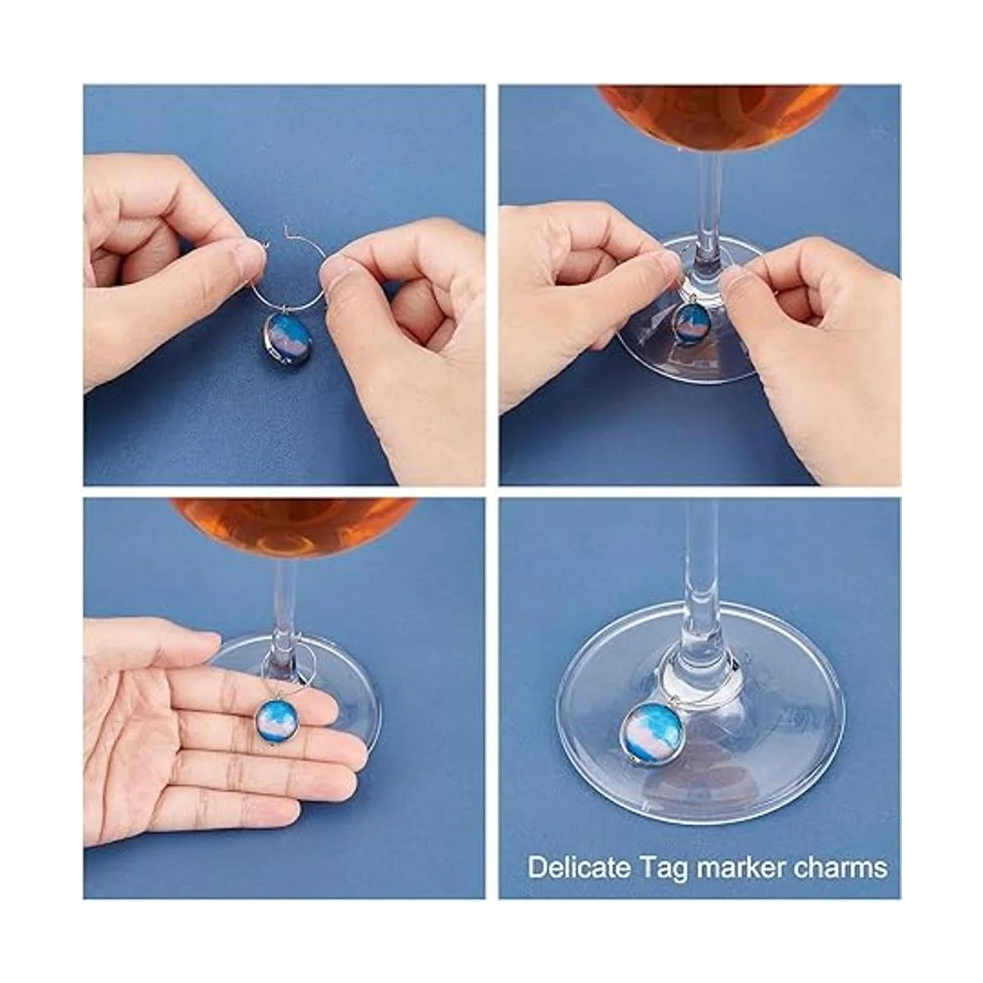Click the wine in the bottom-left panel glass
click(294, 530)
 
